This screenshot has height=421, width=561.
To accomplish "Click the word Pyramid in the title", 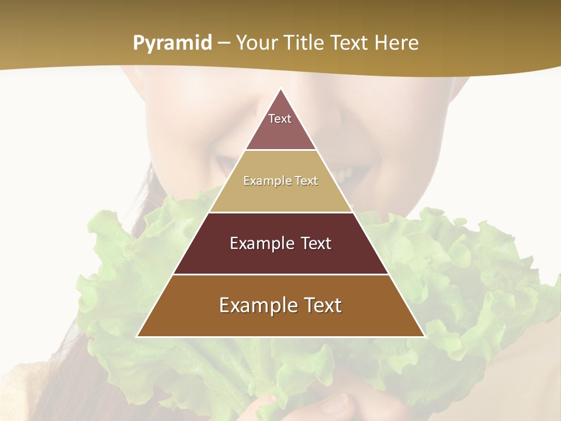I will [172, 43].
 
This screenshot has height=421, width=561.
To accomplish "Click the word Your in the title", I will [258, 43].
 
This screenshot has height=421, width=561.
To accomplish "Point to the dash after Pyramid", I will [224, 43].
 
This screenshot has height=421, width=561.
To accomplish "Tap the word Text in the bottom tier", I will [320, 306].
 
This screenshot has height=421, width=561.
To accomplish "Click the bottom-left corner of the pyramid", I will [137, 336].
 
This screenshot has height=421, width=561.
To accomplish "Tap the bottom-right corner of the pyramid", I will [424, 336].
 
